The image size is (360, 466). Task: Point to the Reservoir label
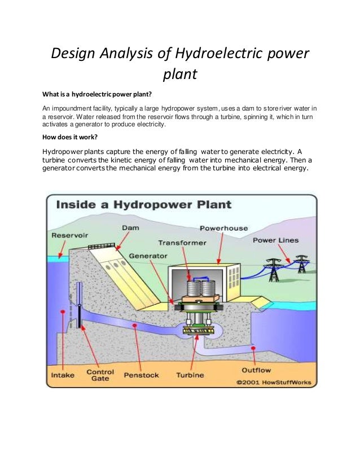[x=70, y=235]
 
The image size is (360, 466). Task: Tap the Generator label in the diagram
[x=148, y=256]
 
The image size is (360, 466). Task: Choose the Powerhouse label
[x=223, y=228]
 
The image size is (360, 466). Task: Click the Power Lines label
[x=275, y=240]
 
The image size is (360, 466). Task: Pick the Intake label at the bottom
[x=62, y=374]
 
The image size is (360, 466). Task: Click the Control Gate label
[x=100, y=376]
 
